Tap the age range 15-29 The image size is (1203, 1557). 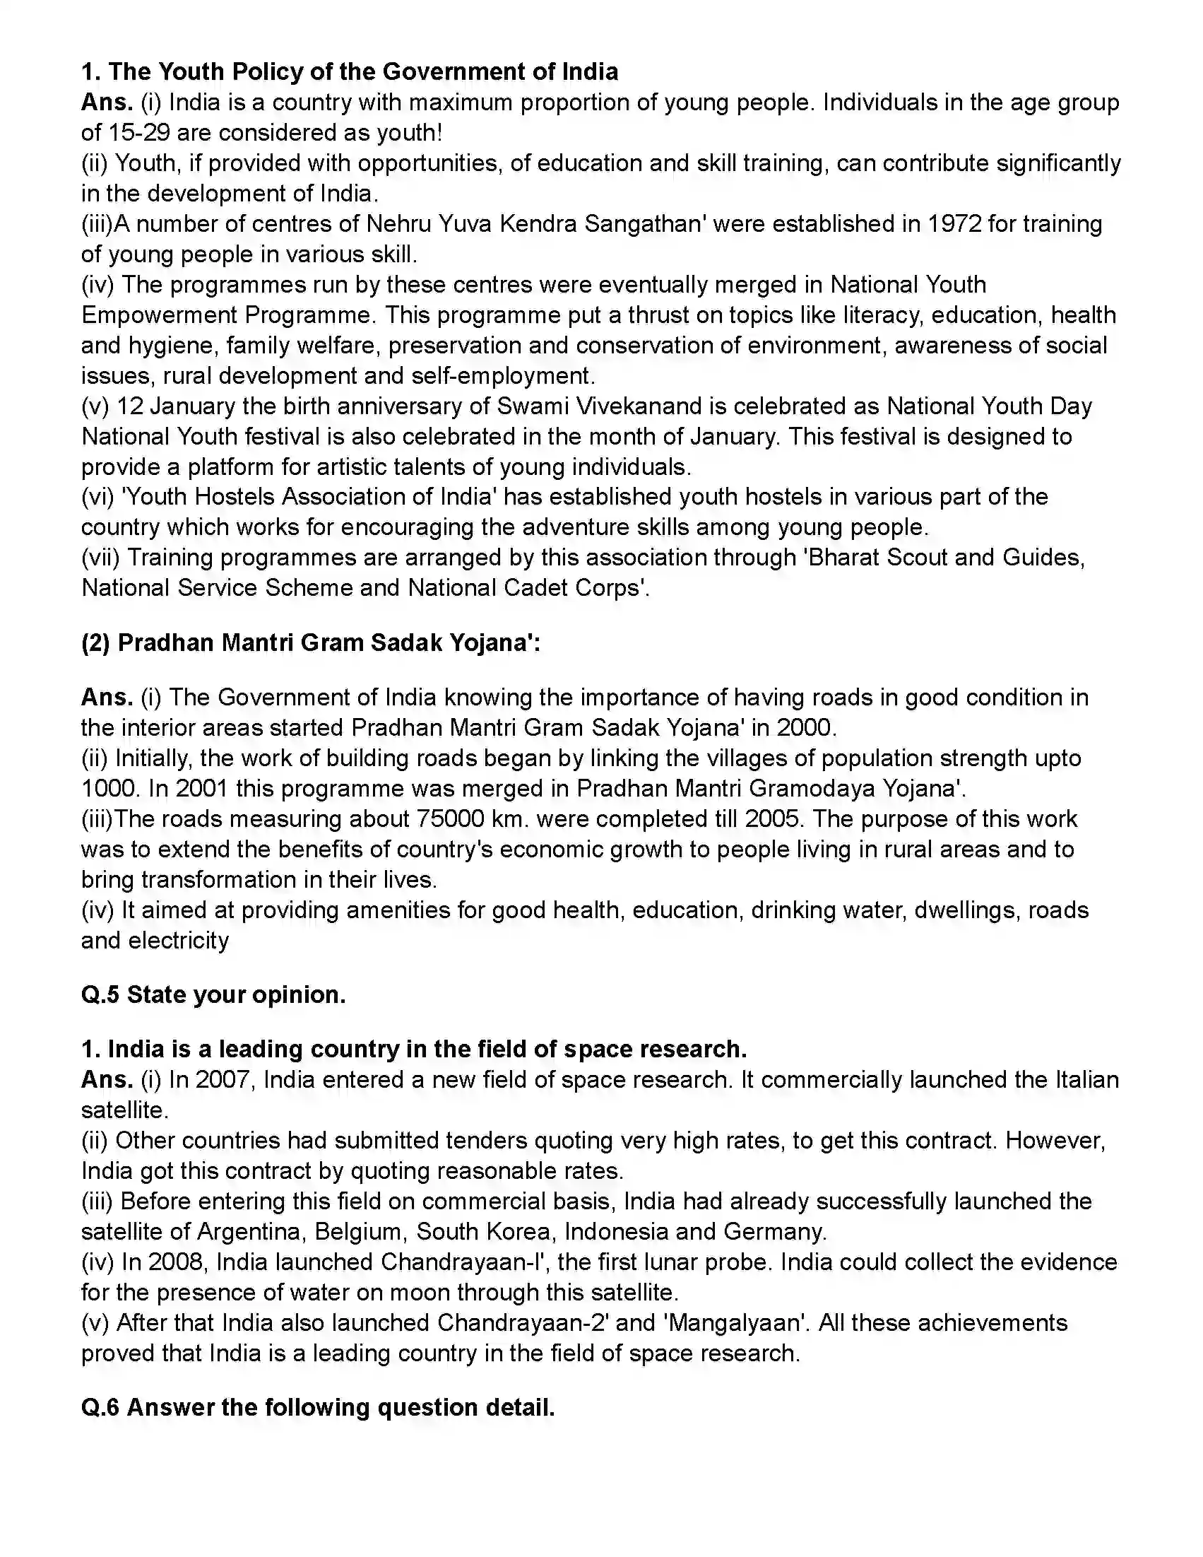[141, 133]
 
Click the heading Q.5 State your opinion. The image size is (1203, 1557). [213, 994]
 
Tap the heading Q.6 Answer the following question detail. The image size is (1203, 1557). [318, 1408]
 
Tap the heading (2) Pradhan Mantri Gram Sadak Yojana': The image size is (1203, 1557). [311, 643]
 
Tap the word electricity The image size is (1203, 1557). [178, 941]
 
